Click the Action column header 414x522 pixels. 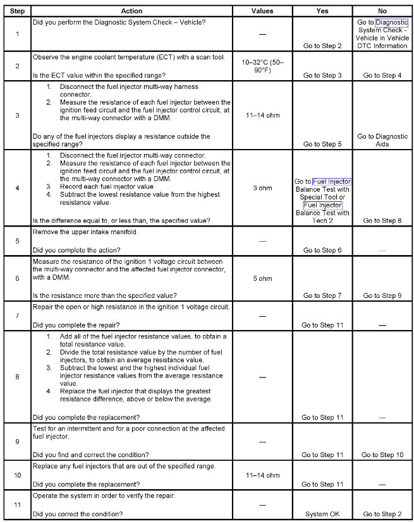[131, 11]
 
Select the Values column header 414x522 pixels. [262, 11]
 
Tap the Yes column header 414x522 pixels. [322, 11]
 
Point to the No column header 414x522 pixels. [382, 11]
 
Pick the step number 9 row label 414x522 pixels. [17, 441]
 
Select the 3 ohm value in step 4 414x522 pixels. [262, 188]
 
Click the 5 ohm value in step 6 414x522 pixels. [262, 278]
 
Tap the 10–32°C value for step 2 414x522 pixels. [262, 66]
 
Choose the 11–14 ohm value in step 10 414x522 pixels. [262, 475]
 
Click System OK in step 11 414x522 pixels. [322, 514]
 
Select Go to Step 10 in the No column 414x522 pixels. [382, 454]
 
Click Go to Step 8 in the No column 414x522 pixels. [382, 220]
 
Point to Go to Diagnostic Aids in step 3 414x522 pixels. [382, 139]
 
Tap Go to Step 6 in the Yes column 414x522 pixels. [322, 250]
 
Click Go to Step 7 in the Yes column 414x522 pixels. [322, 295]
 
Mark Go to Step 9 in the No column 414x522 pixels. [382, 295]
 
